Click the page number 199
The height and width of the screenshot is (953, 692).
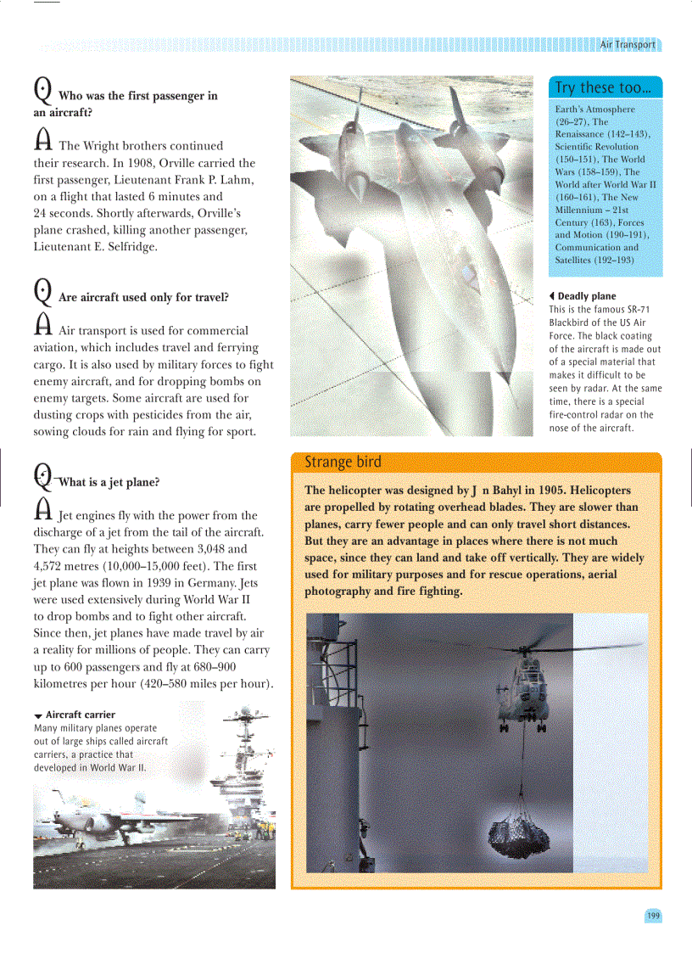pos(653,916)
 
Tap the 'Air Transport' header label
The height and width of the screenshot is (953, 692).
pos(627,45)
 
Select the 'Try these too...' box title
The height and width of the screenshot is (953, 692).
pos(602,88)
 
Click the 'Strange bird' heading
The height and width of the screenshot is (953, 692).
pos(343,462)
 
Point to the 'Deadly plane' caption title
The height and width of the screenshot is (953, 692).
pos(587,296)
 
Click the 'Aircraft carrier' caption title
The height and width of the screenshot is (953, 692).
pos(80,715)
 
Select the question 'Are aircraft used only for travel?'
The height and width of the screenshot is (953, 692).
pos(143,298)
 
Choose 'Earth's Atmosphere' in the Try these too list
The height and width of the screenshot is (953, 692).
pos(594,109)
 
